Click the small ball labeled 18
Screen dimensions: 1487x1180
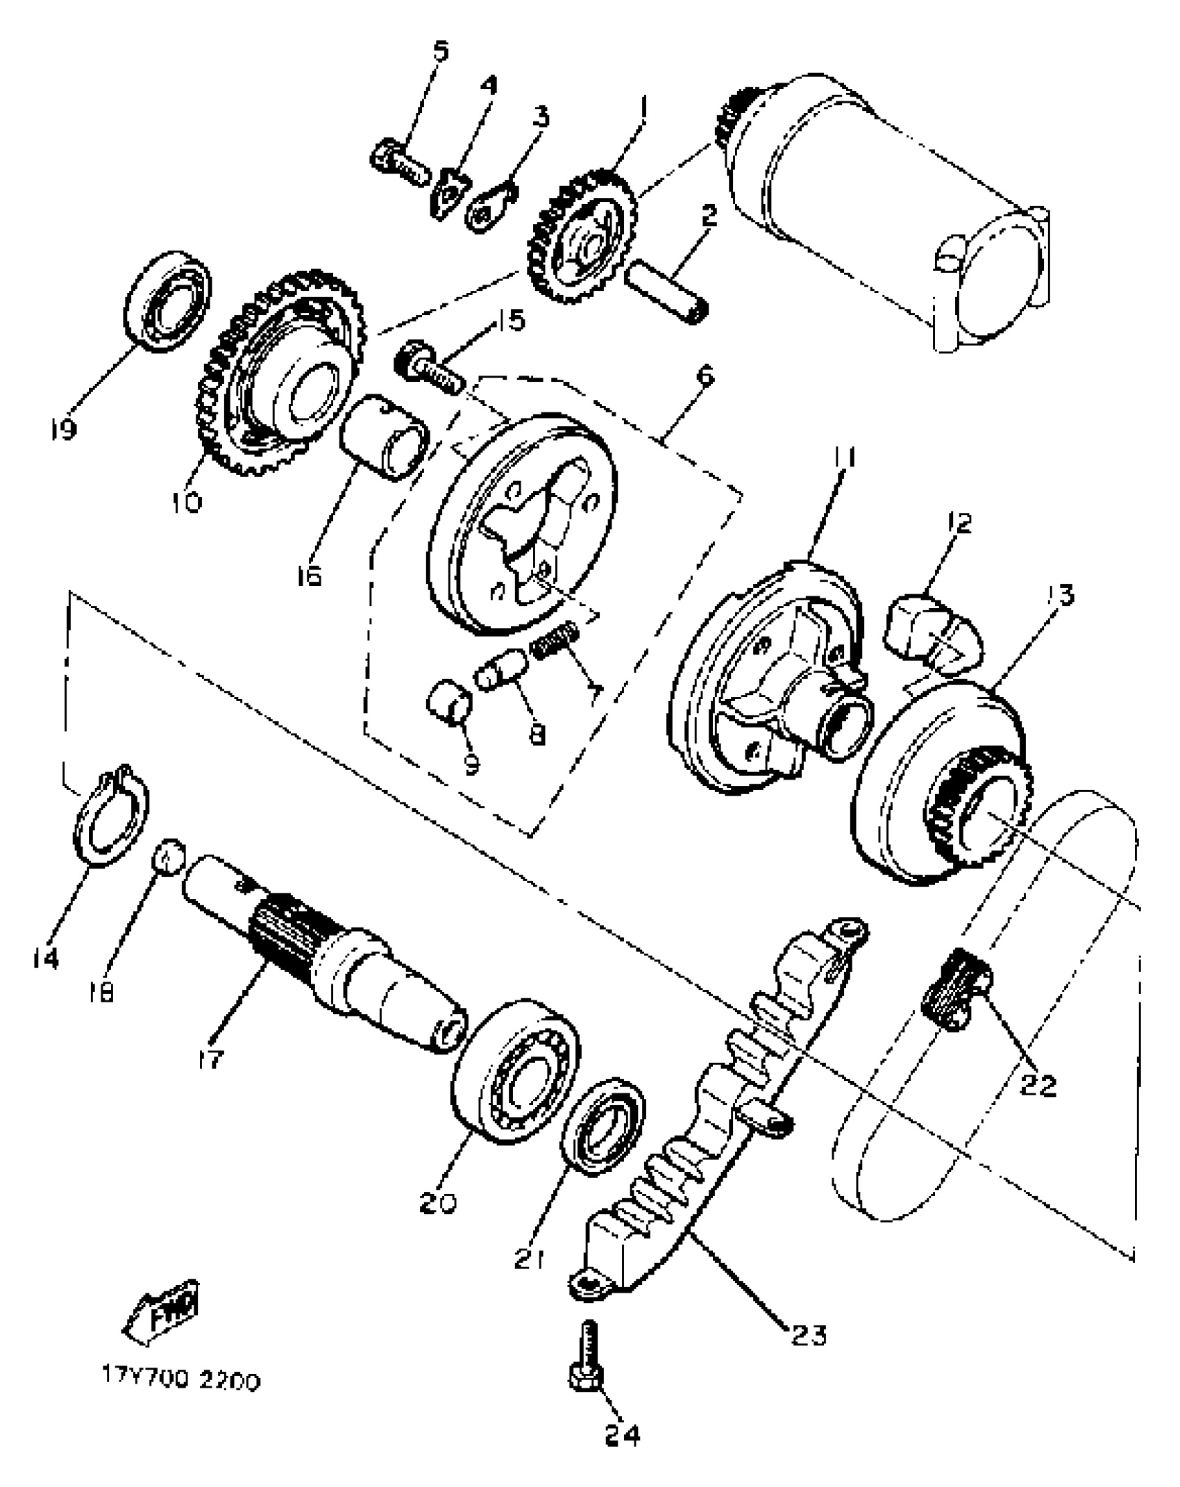[x=169, y=859]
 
